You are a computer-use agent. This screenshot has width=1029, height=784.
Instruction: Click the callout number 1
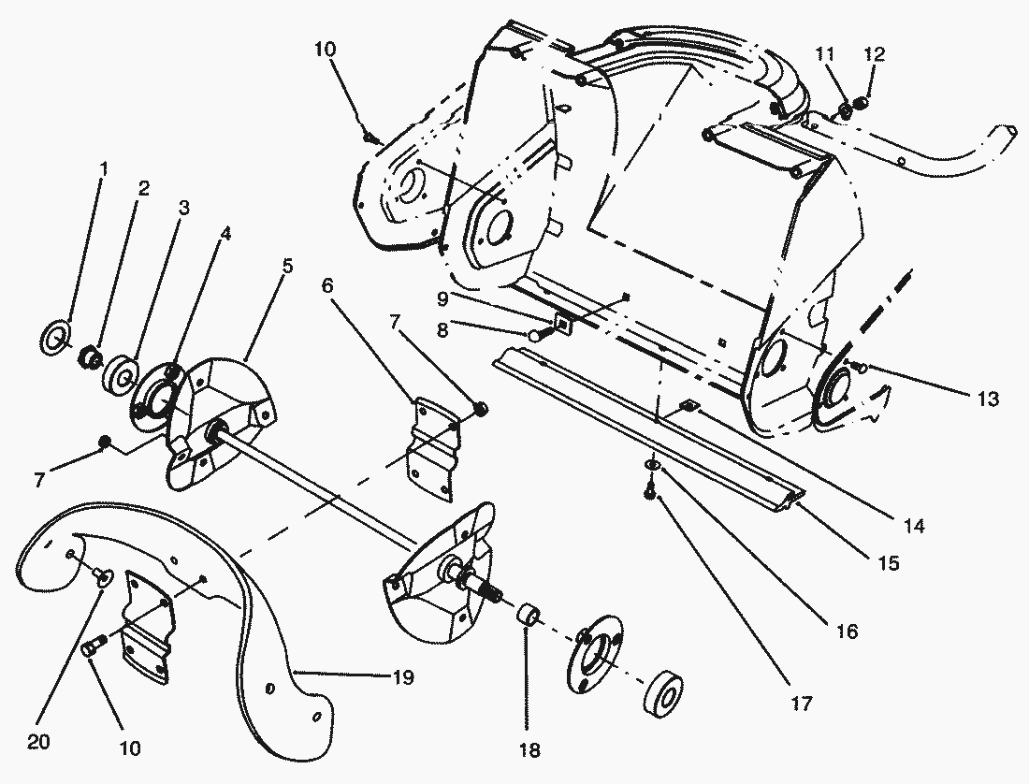104,169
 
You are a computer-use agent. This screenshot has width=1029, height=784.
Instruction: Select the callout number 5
287,266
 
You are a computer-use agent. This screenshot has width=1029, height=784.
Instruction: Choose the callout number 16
847,632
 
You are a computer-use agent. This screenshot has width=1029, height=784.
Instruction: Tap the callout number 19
404,676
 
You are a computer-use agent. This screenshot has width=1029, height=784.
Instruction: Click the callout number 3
182,208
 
